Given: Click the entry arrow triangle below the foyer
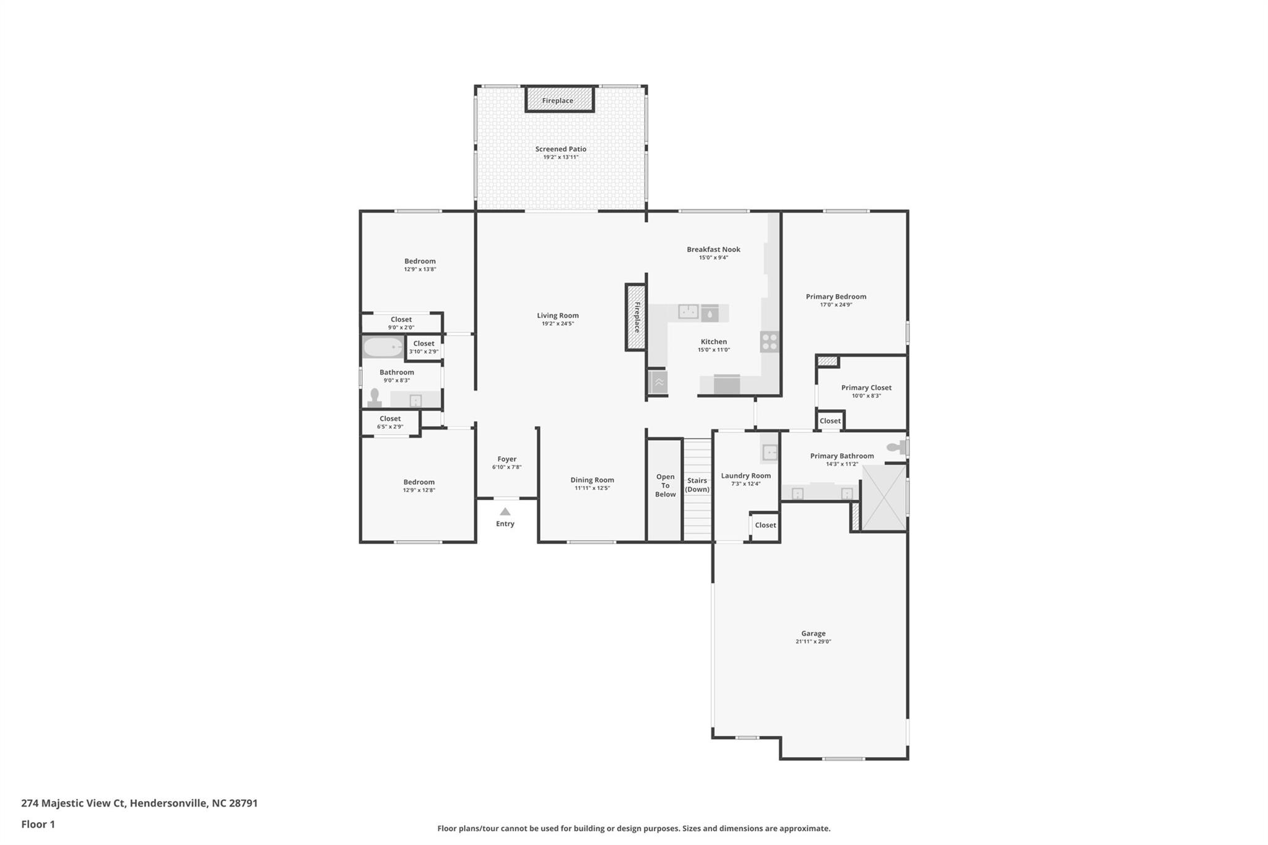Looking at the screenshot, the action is pyautogui.click(x=505, y=511).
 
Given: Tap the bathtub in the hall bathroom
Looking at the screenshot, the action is pyautogui.click(x=383, y=347).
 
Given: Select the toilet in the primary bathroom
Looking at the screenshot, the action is pyautogui.click(x=896, y=447).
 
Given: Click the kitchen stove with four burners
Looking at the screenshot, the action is pyautogui.click(x=770, y=342).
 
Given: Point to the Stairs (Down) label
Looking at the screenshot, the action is pyautogui.click(x=697, y=485).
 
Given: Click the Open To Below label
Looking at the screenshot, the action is pyautogui.click(x=666, y=485).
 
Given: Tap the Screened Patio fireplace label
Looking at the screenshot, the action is pyautogui.click(x=557, y=100).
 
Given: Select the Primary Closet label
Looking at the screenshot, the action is pyautogui.click(x=866, y=388).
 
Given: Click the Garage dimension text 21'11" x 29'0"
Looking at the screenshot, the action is pyautogui.click(x=813, y=641).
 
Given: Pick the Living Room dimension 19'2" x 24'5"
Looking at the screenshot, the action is pyautogui.click(x=557, y=323).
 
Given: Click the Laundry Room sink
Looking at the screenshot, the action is pyautogui.click(x=770, y=453).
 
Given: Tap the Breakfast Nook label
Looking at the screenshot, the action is pyautogui.click(x=713, y=249).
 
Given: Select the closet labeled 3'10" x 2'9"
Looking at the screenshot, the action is pyautogui.click(x=424, y=347).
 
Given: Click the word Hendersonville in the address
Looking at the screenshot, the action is pyautogui.click(x=168, y=803).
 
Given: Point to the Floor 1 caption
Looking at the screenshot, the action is pyautogui.click(x=38, y=824).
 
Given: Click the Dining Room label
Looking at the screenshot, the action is pyautogui.click(x=592, y=480).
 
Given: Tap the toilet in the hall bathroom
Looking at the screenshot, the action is pyautogui.click(x=374, y=397).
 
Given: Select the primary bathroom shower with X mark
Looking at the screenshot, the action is pyautogui.click(x=884, y=498).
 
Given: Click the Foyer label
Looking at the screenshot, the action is pyautogui.click(x=506, y=459).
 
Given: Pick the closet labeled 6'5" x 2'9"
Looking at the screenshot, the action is pyautogui.click(x=390, y=422).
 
